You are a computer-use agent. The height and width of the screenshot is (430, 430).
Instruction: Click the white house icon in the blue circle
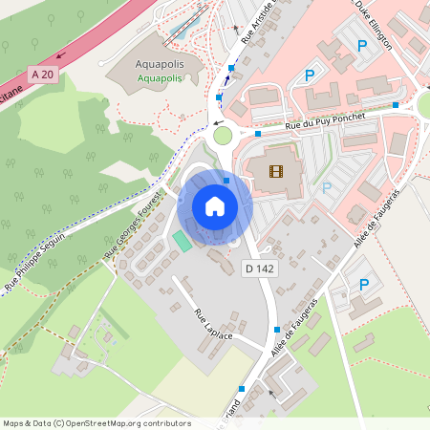pos(215,206)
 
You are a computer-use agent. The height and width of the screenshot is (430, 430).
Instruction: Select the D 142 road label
pos(259,269)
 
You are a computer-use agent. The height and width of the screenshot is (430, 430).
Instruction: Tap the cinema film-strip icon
pos(276,172)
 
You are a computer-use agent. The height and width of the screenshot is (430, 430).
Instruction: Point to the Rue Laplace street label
pos(214,328)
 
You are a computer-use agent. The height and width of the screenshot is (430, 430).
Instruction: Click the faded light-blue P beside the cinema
pos(327,188)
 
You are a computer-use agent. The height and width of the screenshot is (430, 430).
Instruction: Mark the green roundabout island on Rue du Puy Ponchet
pos(223,135)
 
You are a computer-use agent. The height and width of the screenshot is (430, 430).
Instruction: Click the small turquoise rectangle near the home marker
pos(181,241)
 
